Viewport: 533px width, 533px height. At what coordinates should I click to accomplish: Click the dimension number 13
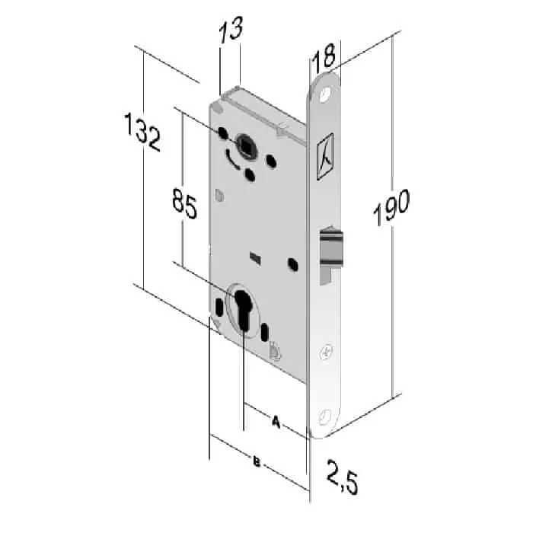coord(231,30)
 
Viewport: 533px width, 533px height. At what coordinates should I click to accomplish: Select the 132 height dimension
coord(142,132)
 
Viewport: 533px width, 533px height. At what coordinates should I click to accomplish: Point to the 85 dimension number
coord(184,203)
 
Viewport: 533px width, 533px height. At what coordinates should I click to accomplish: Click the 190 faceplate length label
coord(391,207)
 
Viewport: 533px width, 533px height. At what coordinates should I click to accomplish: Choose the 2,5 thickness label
coord(343,477)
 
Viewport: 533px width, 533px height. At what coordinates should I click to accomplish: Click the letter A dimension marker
coord(276,422)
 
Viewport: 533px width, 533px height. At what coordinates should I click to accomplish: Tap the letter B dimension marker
coord(257,462)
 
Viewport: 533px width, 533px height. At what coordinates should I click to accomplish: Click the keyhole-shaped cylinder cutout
coord(243,309)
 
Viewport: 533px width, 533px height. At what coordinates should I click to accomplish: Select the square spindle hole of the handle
coord(244,145)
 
